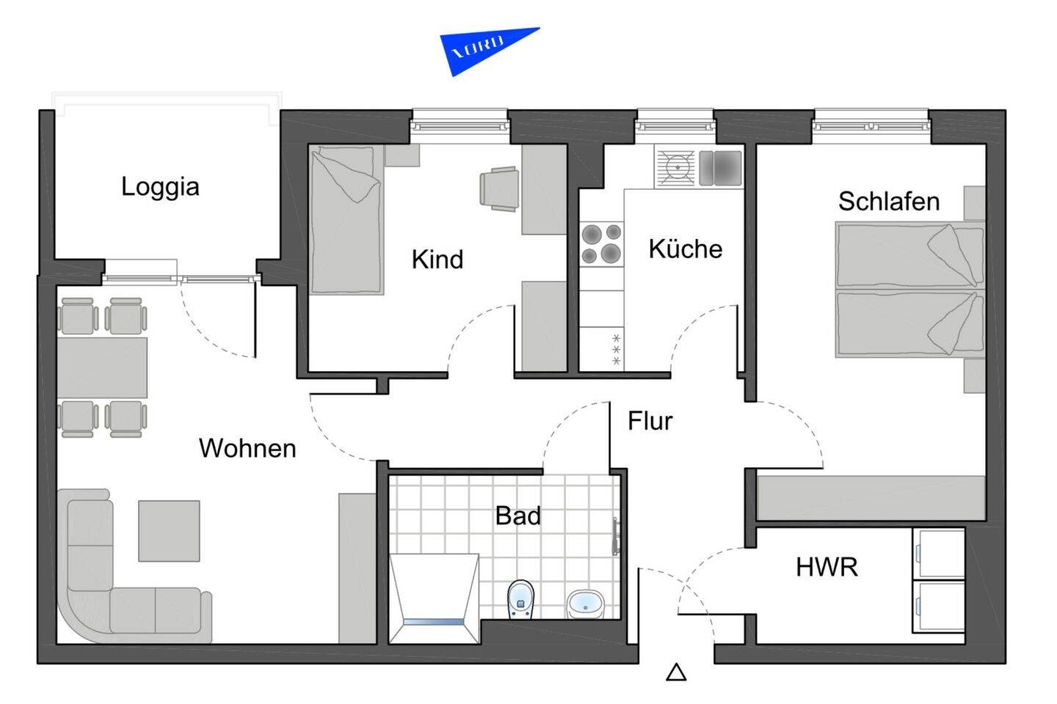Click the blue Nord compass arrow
tap(481, 50)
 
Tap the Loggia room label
tap(160, 187)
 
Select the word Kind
tap(437, 260)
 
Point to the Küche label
tap(685, 249)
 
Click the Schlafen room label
tap(888, 202)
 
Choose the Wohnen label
tap(247, 448)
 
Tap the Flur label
tap(650, 421)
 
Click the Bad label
tap(517, 516)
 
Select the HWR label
tap(827, 567)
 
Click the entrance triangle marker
tap(676, 672)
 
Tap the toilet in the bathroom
tap(521, 599)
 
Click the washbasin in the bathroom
tap(585, 604)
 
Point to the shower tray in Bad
tap(433, 598)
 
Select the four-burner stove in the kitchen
tap(601, 244)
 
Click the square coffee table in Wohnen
tap(169, 530)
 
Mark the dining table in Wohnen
tap(102, 367)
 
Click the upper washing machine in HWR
tap(938, 553)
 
